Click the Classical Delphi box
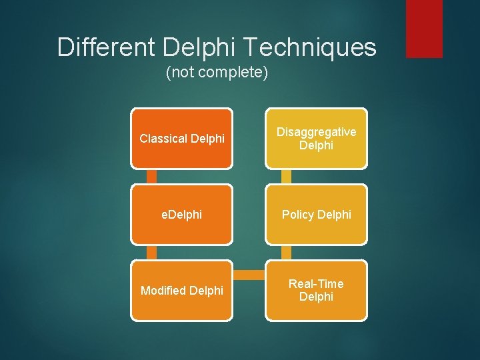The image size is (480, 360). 181,139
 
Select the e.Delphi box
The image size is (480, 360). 181,215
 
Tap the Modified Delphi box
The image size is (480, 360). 181,291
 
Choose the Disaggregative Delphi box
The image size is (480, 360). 316,139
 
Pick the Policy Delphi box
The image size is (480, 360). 316,215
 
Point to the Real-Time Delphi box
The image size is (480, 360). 316,291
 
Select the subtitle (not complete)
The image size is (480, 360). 217,72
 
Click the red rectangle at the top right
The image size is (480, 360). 424,28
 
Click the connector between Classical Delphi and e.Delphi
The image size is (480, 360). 152,176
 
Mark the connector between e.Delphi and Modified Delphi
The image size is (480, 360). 152,252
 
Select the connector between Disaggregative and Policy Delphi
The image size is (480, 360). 287,176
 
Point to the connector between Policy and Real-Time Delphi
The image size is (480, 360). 287,252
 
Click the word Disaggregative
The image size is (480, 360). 316,133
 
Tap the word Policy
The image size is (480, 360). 299,215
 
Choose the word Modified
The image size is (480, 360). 163,291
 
